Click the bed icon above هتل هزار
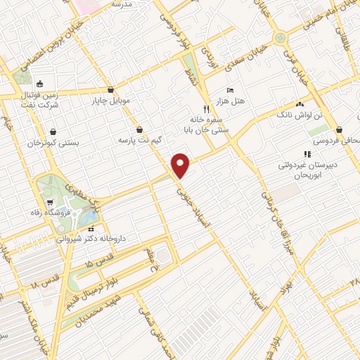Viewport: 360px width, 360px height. (x=231, y=91)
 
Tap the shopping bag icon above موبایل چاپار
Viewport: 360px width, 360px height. (x=111, y=90)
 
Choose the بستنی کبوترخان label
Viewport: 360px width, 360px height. (x=53, y=143)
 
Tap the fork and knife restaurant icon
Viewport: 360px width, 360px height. (x=205, y=109)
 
